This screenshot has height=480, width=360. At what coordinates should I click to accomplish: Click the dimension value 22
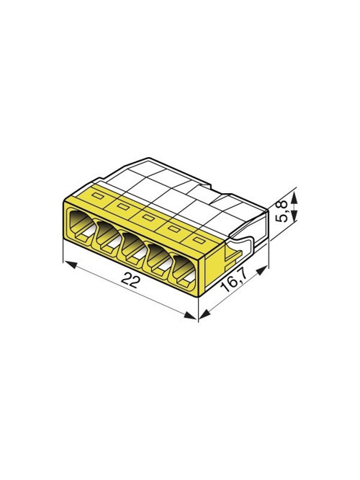coord(130,280)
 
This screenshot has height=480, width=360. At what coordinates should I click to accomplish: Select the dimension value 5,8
coord(282,210)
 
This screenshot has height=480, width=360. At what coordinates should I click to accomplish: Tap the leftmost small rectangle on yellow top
coord(98,195)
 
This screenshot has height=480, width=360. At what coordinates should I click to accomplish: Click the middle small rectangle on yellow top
coord(148,218)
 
